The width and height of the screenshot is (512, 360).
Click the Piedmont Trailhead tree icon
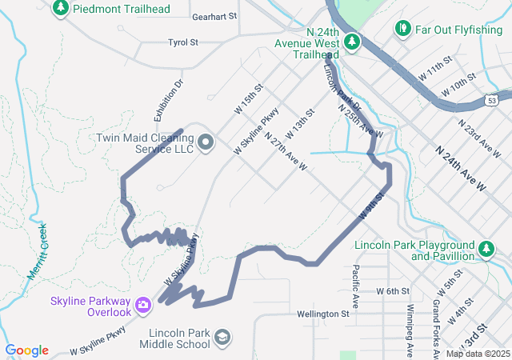[60, 9]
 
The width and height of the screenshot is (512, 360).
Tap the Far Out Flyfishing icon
[402, 30]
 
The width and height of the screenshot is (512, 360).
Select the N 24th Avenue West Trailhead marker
[350, 40]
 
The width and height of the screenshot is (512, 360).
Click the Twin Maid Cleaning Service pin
[206, 143]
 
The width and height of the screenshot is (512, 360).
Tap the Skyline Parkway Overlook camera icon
[143, 303]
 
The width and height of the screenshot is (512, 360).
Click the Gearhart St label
[215, 16]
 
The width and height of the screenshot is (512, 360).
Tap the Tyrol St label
[182, 42]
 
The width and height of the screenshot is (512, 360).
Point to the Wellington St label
[322, 314]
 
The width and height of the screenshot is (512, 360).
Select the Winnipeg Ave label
[410, 329]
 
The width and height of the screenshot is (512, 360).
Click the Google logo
[26, 350]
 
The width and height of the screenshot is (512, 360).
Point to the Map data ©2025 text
[478, 354]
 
